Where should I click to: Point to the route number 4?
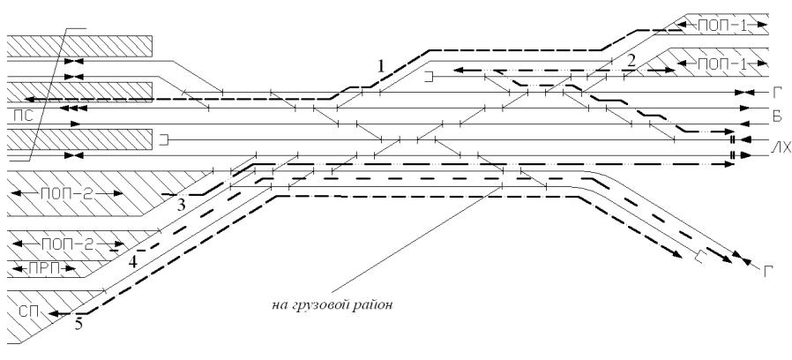click(132, 262)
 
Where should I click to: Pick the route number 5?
click(78, 325)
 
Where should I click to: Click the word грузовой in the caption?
click(330, 308)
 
